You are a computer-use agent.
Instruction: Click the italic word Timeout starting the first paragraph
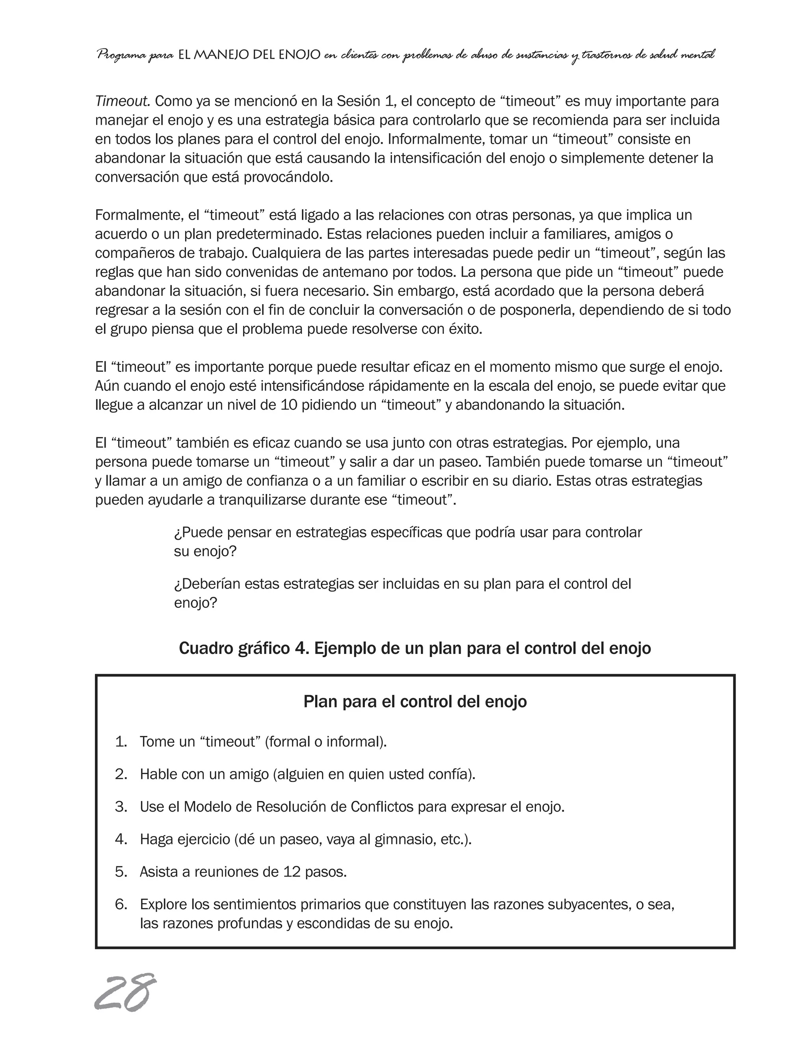pos(123,101)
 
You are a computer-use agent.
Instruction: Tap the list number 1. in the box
pos(121,741)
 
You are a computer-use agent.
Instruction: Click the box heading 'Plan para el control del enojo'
pos(415,701)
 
